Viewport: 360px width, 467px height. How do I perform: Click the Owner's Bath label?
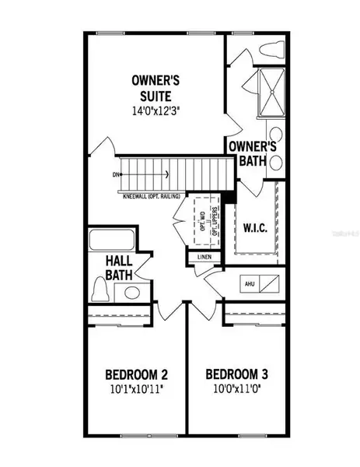[252, 153]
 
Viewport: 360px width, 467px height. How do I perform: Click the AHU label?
[250, 284]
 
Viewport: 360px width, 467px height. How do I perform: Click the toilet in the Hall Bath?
[99, 290]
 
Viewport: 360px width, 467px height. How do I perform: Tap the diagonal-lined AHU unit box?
[271, 284]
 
